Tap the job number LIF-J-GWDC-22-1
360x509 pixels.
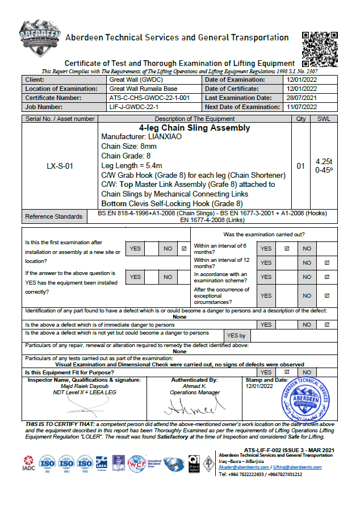133,107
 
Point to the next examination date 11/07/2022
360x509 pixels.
302,107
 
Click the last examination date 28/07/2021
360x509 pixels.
302,98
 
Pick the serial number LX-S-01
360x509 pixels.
60,166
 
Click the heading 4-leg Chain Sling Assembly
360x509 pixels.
194,128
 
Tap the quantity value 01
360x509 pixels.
301,166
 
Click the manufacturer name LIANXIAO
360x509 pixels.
169,137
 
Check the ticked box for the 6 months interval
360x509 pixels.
287,248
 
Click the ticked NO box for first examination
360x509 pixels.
183,248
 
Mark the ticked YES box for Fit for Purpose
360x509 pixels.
287,372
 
